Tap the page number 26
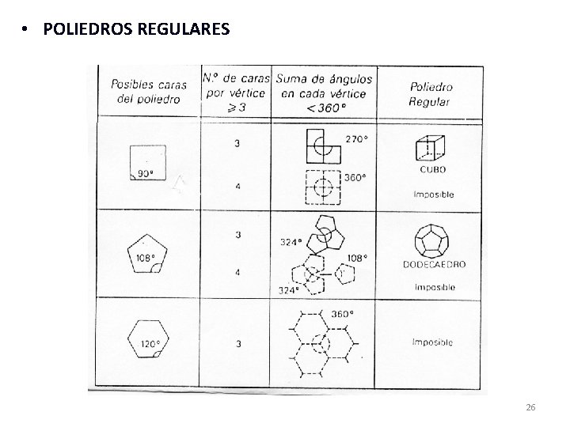(530, 406)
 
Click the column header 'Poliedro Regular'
(431, 93)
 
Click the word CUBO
(432, 169)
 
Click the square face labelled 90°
(147, 163)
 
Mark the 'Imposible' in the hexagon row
(431, 342)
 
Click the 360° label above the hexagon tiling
(342, 313)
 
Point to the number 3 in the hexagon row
(237, 343)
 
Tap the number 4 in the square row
(237, 187)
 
